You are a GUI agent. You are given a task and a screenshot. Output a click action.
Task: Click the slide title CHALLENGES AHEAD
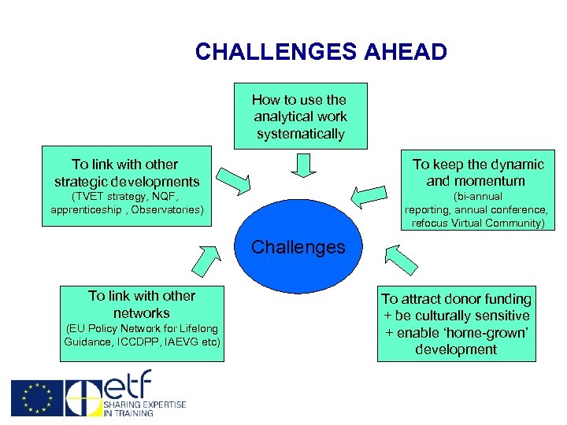(x=321, y=52)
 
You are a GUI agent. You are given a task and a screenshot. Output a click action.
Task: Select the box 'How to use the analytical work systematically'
(x=300, y=116)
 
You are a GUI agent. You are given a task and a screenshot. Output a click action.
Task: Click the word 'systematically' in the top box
(x=300, y=134)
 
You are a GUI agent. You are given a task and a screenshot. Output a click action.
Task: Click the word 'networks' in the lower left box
(x=142, y=312)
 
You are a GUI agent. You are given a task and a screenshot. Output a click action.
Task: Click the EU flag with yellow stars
(x=37, y=398)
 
